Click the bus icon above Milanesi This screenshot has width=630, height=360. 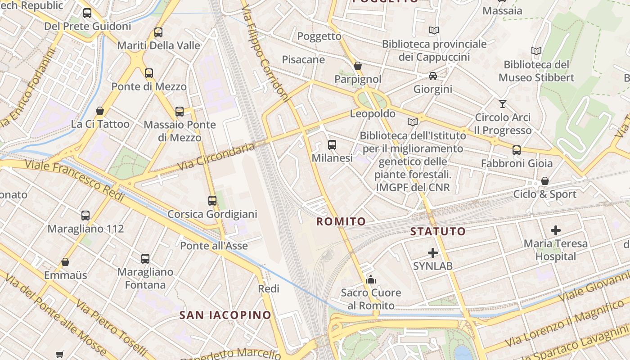(332, 145)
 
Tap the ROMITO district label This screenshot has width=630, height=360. (341, 221)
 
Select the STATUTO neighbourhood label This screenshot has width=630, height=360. (438, 231)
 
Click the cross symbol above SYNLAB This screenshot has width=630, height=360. (433, 253)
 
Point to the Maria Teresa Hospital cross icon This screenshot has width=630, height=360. (556, 230)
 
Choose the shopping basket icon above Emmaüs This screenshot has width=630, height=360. (65, 262)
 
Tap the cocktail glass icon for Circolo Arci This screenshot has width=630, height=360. (503, 104)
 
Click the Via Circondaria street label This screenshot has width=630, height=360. (216, 156)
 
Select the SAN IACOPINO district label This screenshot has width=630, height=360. (225, 315)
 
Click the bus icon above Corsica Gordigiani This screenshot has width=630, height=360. (212, 201)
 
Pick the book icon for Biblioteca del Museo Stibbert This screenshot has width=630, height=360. (536, 51)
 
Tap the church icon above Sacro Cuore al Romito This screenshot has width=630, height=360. (371, 279)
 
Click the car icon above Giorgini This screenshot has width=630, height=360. (433, 76)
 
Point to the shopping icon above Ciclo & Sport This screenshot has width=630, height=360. (545, 181)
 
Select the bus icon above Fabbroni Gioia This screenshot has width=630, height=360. (517, 150)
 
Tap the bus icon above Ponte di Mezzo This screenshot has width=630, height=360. (149, 73)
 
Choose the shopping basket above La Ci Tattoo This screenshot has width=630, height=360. (100, 111)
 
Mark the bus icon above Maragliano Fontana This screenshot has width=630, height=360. (145, 259)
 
